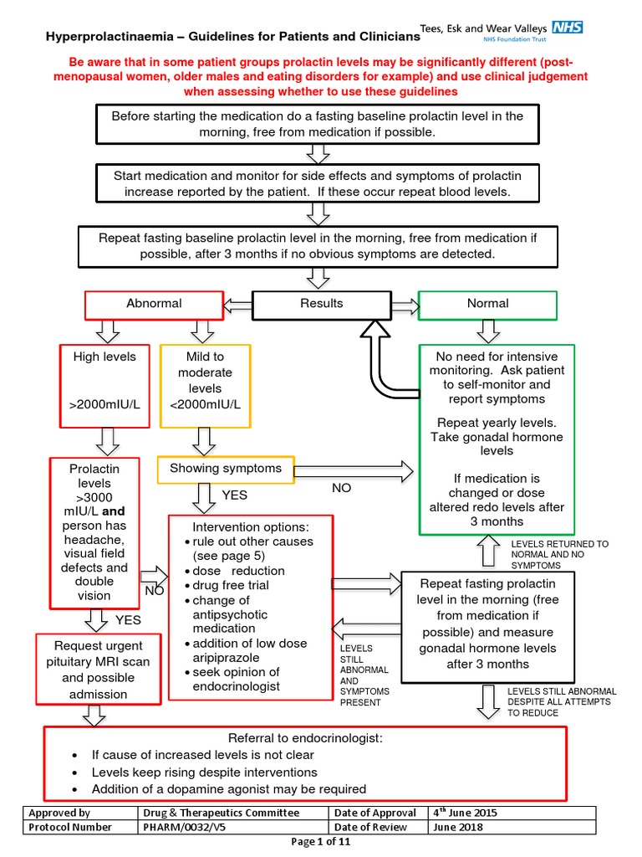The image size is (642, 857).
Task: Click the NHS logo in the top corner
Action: [568, 27]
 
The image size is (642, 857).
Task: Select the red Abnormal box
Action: [153, 304]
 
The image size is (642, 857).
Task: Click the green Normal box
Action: [488, 304]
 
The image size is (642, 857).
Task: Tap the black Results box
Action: [321, 304]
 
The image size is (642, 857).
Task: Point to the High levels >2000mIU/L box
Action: [104, 381]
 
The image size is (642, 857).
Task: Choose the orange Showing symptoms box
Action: [226, 469]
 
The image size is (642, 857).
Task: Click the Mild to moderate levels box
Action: [205, 381]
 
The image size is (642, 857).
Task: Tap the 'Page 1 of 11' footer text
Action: [321, 842]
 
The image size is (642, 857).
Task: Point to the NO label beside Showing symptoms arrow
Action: [341, 488]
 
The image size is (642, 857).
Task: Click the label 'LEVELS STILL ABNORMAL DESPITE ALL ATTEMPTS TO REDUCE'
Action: [562, 702]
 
